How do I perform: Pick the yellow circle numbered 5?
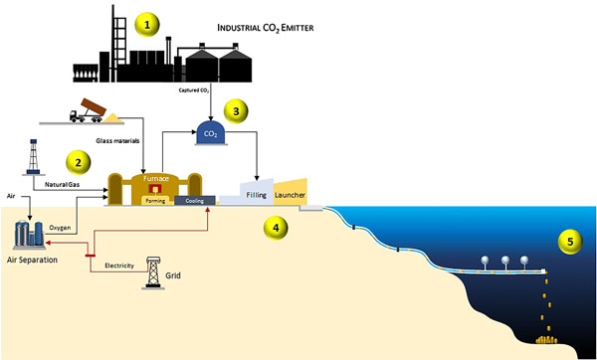[x=569, y=241]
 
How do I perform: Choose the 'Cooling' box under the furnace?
[x=195, y=199]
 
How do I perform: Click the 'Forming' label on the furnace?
[x=154, y=199]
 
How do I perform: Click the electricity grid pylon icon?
[x=152, y=270]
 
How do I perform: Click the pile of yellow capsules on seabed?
[x=547, y=343]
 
